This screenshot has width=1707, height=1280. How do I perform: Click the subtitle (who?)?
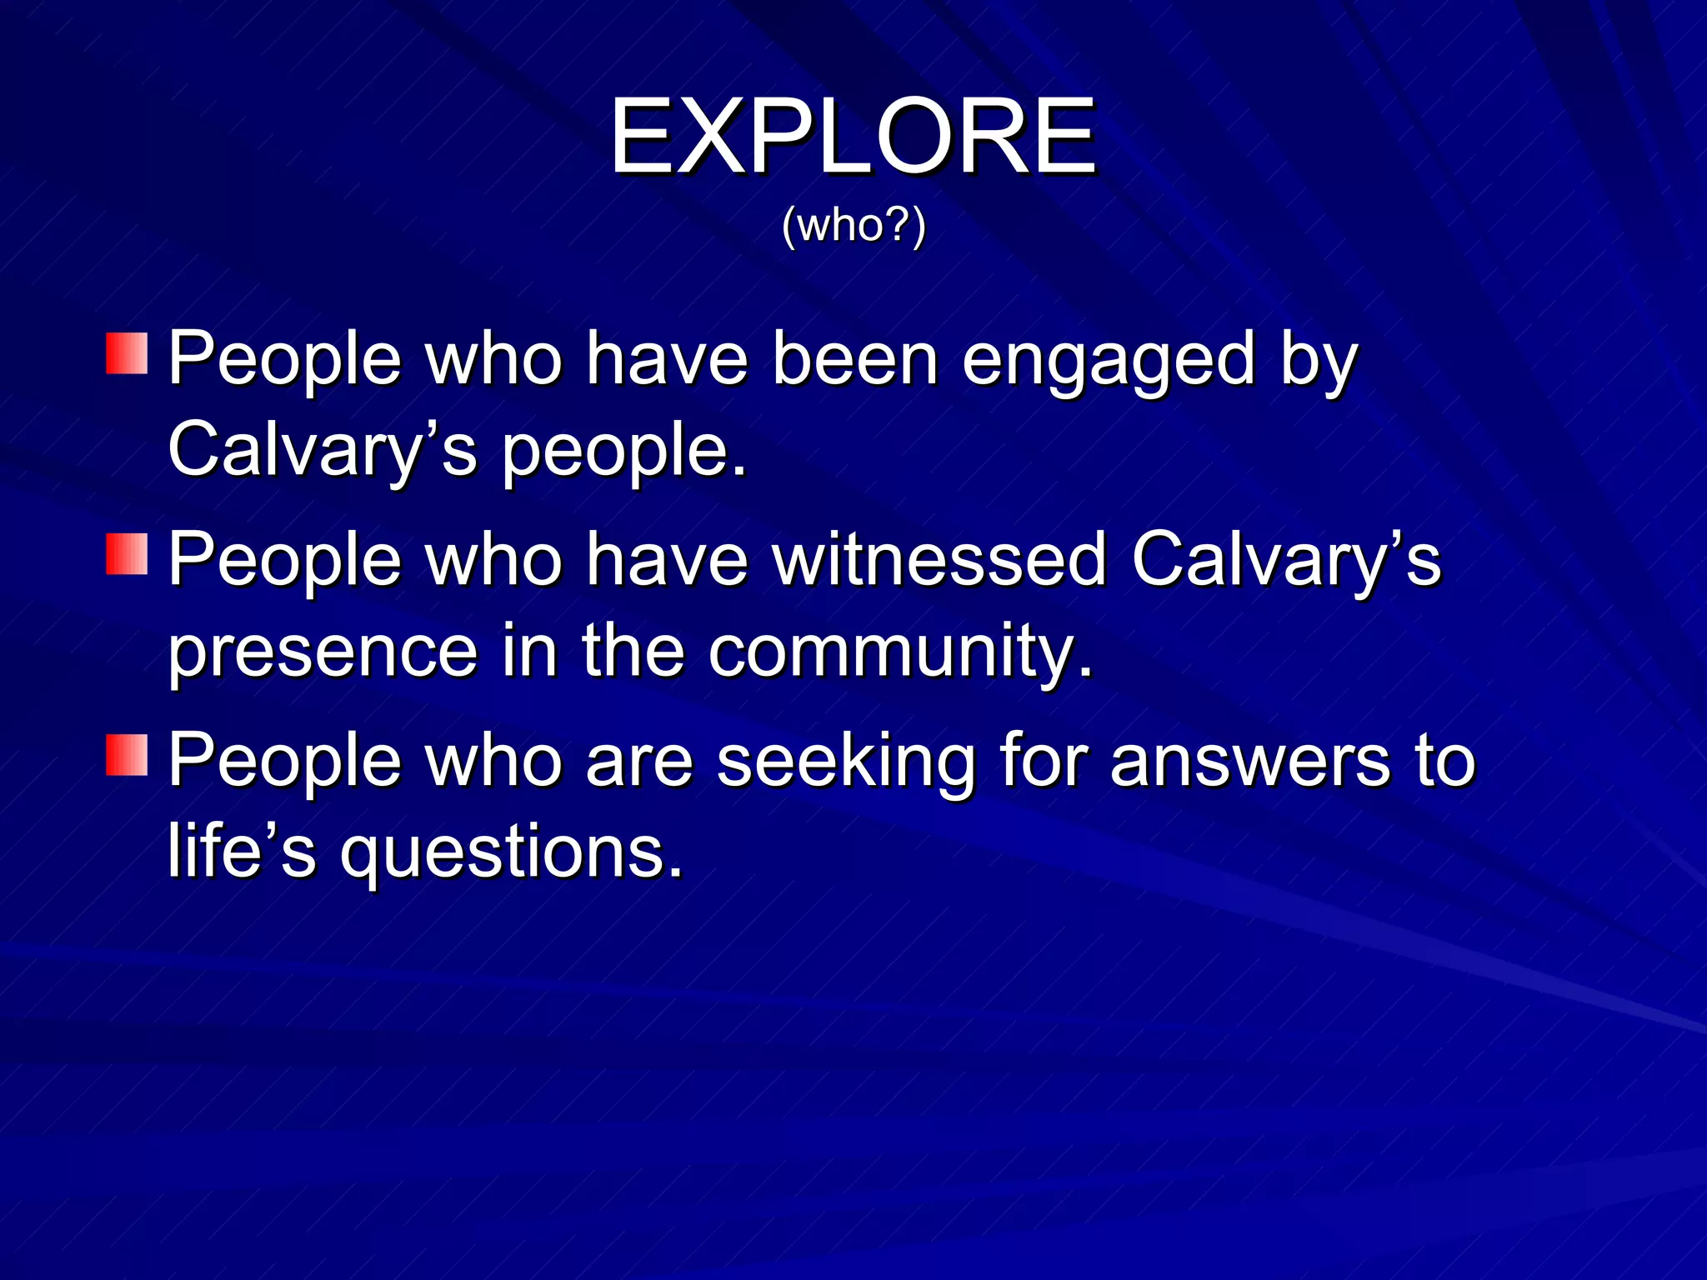pos(853,226)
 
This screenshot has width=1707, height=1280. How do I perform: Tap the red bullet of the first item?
pos(127,353)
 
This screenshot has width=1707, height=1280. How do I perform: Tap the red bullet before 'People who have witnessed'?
pos(127,554)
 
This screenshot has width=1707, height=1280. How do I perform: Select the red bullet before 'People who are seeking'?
pos(127,755)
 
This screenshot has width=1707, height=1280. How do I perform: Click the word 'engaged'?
pos(1108,360)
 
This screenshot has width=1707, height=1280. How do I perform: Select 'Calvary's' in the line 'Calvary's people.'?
pos(323,450)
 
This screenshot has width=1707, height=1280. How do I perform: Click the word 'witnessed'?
pos(939,559)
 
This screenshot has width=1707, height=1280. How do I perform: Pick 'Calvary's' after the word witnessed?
pos(1286,561)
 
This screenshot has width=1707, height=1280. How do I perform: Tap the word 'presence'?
pos(323,652)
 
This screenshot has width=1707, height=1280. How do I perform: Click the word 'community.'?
pos(900,652)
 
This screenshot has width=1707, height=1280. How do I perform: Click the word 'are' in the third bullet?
pos(639,762)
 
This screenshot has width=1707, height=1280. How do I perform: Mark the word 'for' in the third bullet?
pos(1042,760)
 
